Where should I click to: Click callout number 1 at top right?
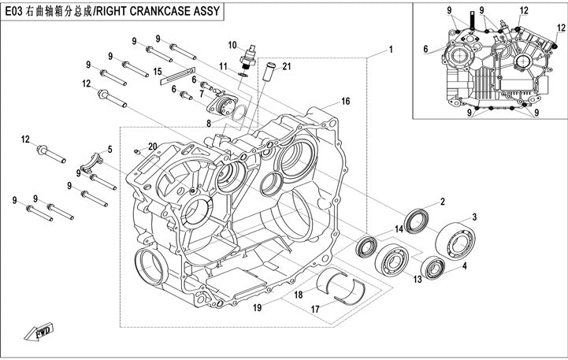click(x=390, y=50)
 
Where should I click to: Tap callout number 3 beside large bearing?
click(x=475, y=217)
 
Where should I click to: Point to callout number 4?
click(x=464, y=266)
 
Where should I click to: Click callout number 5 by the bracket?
click(x=110, y=149)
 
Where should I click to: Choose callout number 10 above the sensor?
click(x=232, y=44)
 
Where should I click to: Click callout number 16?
click(x=345, y=102)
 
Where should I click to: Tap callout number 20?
click(x=153, y=146)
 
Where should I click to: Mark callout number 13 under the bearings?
click(x=418, y=279)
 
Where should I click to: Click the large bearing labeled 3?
click(x=455, y=239)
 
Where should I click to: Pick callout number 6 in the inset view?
click(x=426, y=49)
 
